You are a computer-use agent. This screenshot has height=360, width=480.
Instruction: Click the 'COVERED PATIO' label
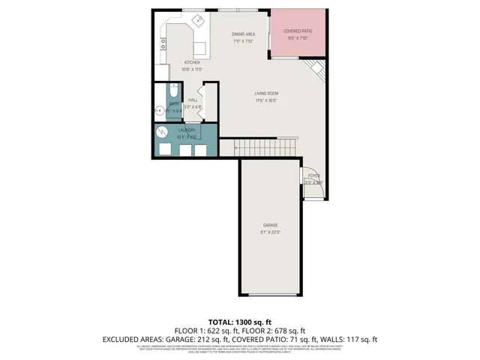click(298, 31)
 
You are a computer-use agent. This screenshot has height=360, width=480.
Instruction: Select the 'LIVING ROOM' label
click(266, 93)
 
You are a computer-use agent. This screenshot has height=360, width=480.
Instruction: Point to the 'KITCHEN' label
click(193, 62)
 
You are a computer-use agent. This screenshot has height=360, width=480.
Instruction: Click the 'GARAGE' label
click(270, 225)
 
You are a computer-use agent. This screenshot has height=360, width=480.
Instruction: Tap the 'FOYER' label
click(313, 175)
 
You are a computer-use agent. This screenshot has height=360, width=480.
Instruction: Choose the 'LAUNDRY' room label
click(187, 130)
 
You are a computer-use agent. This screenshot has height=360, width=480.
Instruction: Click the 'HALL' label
click(193, 100)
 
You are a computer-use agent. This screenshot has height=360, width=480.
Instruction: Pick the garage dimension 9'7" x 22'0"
click(270, 232)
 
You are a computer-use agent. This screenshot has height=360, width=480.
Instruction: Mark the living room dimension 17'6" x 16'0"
click(266, 100)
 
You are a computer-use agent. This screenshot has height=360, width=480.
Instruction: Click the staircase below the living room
click(267, 148)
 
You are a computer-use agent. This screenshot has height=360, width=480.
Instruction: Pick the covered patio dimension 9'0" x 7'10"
click(298, 38)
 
